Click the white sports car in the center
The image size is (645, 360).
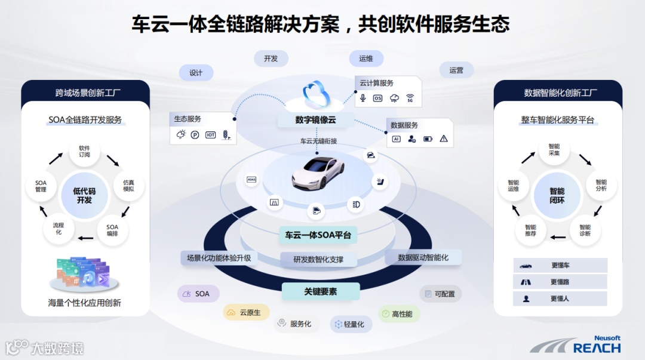(318, 171)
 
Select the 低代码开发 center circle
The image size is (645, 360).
(84, 195)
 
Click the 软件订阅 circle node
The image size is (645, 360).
(84, 151)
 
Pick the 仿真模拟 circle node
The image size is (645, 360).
(128, 185)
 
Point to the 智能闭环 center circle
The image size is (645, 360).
(557, 195)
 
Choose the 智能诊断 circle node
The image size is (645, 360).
(585, 230)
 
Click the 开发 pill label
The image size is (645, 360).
(271, 59)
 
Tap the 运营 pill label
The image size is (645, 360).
(456, 70)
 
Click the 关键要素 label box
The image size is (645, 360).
(320, 291)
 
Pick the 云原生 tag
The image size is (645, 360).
(245, 312)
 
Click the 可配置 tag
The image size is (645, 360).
(440, 294)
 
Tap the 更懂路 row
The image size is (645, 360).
(560, 282)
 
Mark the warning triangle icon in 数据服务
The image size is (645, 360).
(443, 139)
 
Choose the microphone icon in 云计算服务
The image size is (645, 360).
(363, 98)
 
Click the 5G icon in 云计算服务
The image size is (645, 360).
(410, 98)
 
